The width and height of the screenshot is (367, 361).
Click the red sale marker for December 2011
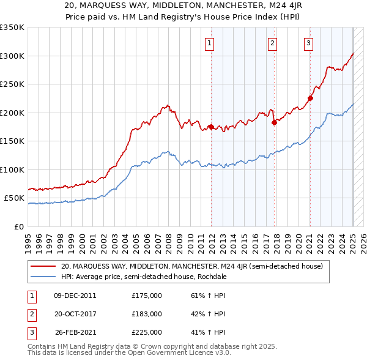pyautogui.click(x=211, y=127)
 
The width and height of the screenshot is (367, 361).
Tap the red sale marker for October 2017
pyautogui.click(x=274, y=122)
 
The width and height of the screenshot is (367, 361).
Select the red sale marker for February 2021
pyautogui.click(x=310, y=98)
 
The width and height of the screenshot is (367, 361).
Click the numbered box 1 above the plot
pyautogui.click(x=209, y=43)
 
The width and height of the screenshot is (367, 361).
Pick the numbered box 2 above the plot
pyautogui.click(x=272, y=43)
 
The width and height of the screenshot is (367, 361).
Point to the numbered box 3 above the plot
pyautogui.click(x=309, y=43)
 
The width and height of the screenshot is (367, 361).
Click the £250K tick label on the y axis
pyautogui.click(x=12, y=84)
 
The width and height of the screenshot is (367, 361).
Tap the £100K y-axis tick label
pyautogui.click(x=12, y=169)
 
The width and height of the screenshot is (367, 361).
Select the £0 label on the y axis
pyautogui.click(x=20, y=226)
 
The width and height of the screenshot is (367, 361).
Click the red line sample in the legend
pyautogui.click(x=44, y=266)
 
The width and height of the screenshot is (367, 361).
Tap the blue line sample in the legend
pyautogui.click(x=44, y=277)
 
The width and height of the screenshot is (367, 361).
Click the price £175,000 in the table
pyautogui.click(x=146, y=296)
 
